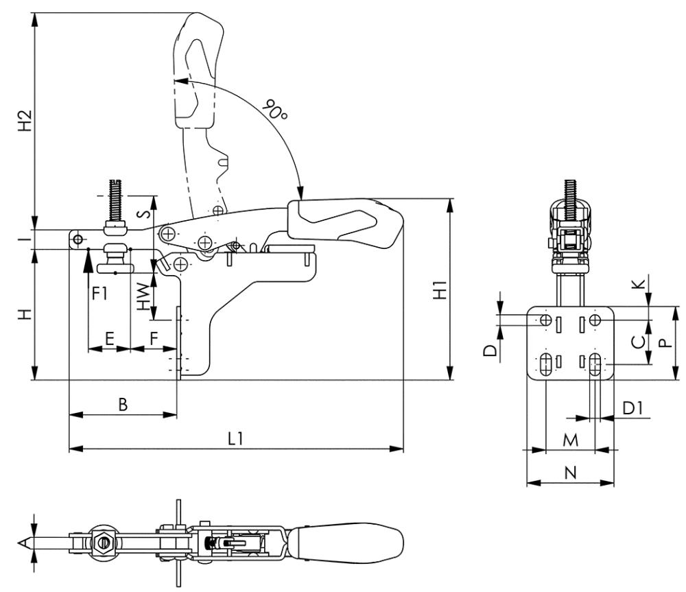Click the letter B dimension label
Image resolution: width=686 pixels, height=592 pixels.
pos(123,405)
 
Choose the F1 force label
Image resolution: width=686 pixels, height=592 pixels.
pos(100,294)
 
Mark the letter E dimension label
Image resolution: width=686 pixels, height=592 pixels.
pos(108,338)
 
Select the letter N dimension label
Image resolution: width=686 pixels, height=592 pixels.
pos(569,472)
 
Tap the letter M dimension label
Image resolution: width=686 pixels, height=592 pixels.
pos(569,439)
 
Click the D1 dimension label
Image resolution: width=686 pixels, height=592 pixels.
pos(632,408)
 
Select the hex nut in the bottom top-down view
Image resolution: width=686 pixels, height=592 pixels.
pos(102,543)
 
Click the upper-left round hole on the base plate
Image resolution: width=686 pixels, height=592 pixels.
pos(546,321)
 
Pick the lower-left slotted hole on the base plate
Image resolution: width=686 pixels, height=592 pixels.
pos(546,364)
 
